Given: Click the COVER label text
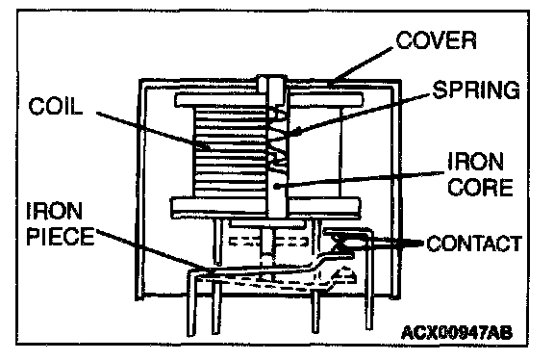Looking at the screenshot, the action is pos(436,40).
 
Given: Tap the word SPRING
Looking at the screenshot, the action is pos(476,90).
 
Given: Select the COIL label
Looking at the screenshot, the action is pos(56,106).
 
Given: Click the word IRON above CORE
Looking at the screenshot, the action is pos(475,162).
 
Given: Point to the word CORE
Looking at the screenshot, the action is pos(480,187).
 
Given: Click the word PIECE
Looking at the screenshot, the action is pos(61,236).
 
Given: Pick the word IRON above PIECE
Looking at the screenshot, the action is pos(54,211).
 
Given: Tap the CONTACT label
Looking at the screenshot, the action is pos(474,244).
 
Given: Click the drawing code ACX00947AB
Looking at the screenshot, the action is pos(457,332).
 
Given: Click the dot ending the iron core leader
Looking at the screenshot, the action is pos(277,186).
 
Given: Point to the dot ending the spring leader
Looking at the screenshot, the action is pos(297,133).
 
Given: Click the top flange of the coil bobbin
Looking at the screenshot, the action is pos(269,100).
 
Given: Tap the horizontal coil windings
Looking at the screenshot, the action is pos(229,152).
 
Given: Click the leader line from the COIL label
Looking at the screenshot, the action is pos(152,130).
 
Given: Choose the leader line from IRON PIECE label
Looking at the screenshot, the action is pos(153,250).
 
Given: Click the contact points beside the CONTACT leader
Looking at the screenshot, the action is pos(348,244).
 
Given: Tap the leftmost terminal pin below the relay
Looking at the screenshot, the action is pos(191,305).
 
